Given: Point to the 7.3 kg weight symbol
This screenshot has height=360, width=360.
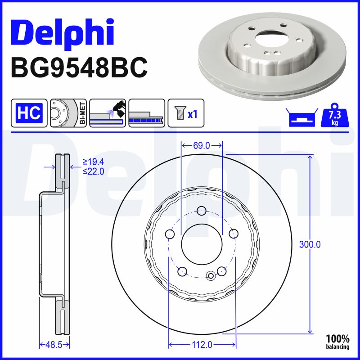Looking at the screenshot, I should tap(334, 117).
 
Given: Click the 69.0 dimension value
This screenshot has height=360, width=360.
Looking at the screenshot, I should tap(201, 145).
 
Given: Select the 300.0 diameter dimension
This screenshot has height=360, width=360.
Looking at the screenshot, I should tap(310, 244).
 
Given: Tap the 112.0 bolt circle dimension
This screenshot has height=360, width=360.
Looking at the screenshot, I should tap(202, 345).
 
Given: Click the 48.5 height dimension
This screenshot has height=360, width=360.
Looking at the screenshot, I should tap(54, 345).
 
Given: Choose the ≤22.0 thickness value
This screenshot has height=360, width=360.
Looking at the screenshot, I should tap(93, 171).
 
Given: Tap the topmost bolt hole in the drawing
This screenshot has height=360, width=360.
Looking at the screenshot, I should tap(202, 210).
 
